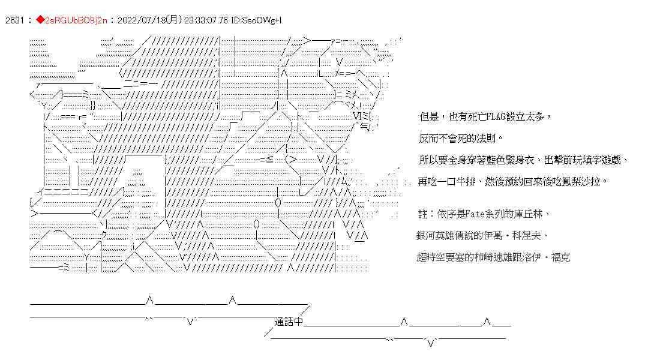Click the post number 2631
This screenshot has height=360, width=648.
(13, 20)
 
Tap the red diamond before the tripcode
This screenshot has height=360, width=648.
(40, 20)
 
